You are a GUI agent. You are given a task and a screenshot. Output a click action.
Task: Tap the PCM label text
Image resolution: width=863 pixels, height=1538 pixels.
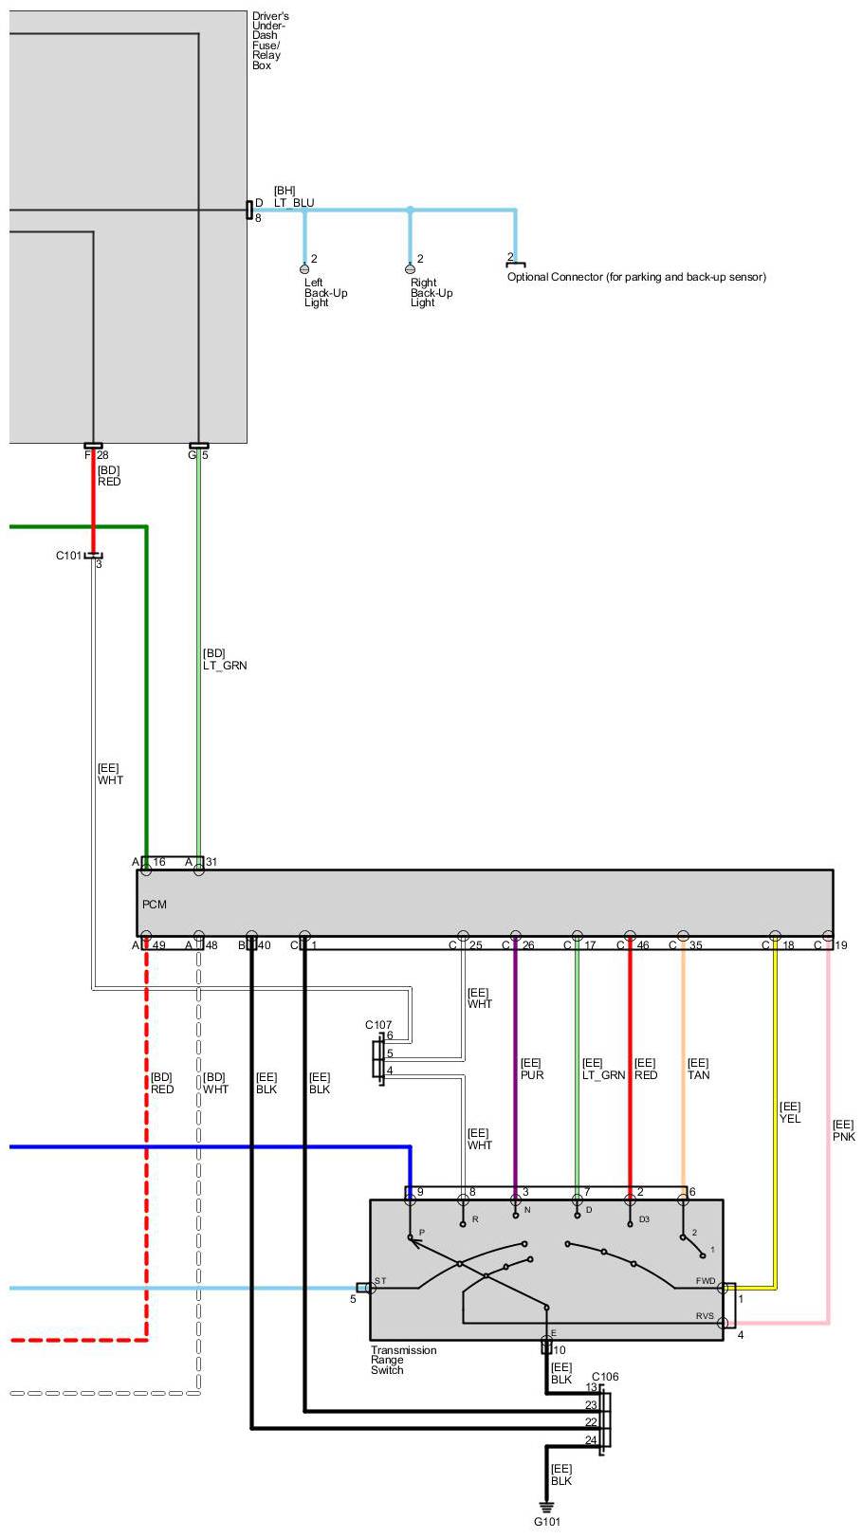155,905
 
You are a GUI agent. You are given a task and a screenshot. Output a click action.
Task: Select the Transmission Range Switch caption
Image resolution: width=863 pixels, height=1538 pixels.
403,1360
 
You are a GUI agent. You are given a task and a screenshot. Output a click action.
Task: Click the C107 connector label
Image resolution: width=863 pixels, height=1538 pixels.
378,1025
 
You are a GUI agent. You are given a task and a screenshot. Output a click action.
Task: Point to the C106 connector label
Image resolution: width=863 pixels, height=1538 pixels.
605,1377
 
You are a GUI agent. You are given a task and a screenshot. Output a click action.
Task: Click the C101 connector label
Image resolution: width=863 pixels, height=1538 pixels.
69,556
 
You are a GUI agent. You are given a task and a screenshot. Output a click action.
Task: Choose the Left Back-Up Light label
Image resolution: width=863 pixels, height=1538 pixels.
325,293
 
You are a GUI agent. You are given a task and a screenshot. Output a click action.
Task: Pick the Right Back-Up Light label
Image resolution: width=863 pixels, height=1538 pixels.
431,293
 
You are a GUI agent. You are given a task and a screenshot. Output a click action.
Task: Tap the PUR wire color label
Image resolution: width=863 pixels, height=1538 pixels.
532,1075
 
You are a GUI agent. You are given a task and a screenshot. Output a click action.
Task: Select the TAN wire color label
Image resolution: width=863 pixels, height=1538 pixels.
698,1075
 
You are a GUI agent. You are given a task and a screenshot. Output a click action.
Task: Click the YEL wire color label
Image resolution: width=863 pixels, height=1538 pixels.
790,1119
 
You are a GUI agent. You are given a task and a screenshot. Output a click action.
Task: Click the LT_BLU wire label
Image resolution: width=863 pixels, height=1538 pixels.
294,203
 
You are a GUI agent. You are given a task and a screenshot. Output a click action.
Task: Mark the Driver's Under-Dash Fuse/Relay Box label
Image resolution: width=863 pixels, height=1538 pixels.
270,41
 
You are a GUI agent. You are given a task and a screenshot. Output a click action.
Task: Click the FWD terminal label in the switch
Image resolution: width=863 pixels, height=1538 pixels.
706,1282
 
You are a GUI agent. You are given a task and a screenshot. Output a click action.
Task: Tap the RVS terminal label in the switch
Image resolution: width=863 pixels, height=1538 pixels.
705,1316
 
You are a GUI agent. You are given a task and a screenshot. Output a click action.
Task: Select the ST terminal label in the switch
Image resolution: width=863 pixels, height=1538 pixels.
380,1281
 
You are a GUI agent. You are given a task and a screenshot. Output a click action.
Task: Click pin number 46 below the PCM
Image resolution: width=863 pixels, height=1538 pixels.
644,945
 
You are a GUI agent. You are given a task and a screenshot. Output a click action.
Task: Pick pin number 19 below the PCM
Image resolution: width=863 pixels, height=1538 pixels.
841,945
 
